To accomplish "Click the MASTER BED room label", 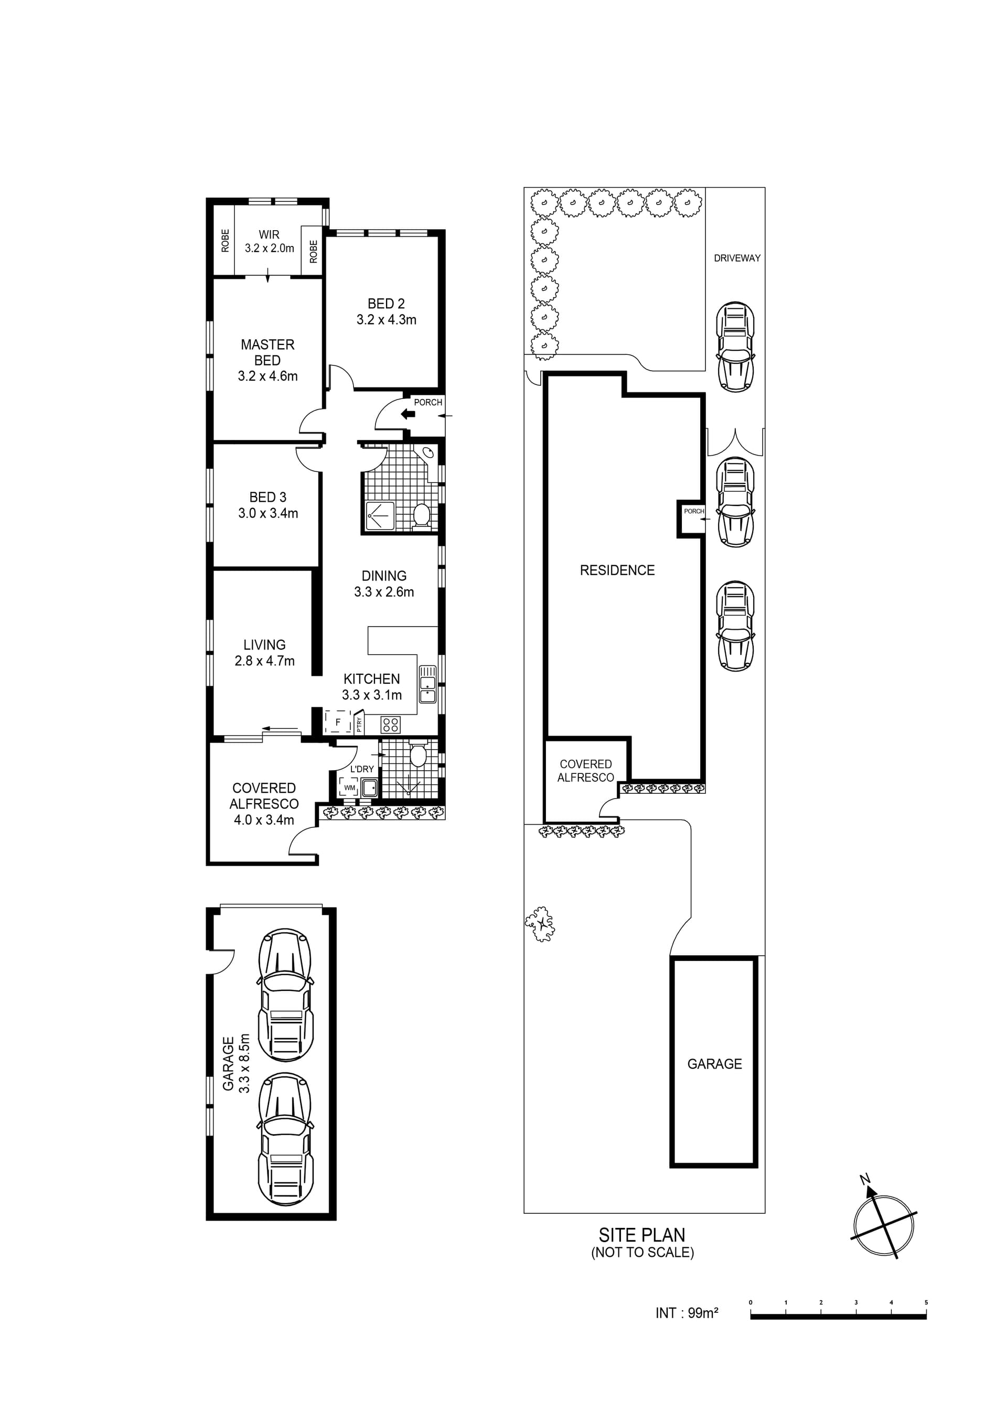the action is pos(267,352).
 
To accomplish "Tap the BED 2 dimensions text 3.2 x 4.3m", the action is pos(386,320).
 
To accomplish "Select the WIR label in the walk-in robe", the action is pos(269,234).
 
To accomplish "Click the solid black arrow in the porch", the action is pos(408,414).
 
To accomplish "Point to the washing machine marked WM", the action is pos(349,787).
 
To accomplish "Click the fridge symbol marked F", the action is pos(338,722).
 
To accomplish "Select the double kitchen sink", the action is pos(427,684).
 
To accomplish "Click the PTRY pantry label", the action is pos(359,723).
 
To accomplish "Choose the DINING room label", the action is pos(384,576).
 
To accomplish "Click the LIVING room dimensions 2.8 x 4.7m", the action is pos(264,661).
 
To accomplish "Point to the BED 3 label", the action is pos(268,498).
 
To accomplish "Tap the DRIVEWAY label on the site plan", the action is pos(737,258).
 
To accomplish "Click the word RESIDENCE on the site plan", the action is pos(617,570).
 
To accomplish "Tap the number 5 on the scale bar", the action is pos(926,1320).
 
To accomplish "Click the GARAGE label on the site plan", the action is pos(715,1064).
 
